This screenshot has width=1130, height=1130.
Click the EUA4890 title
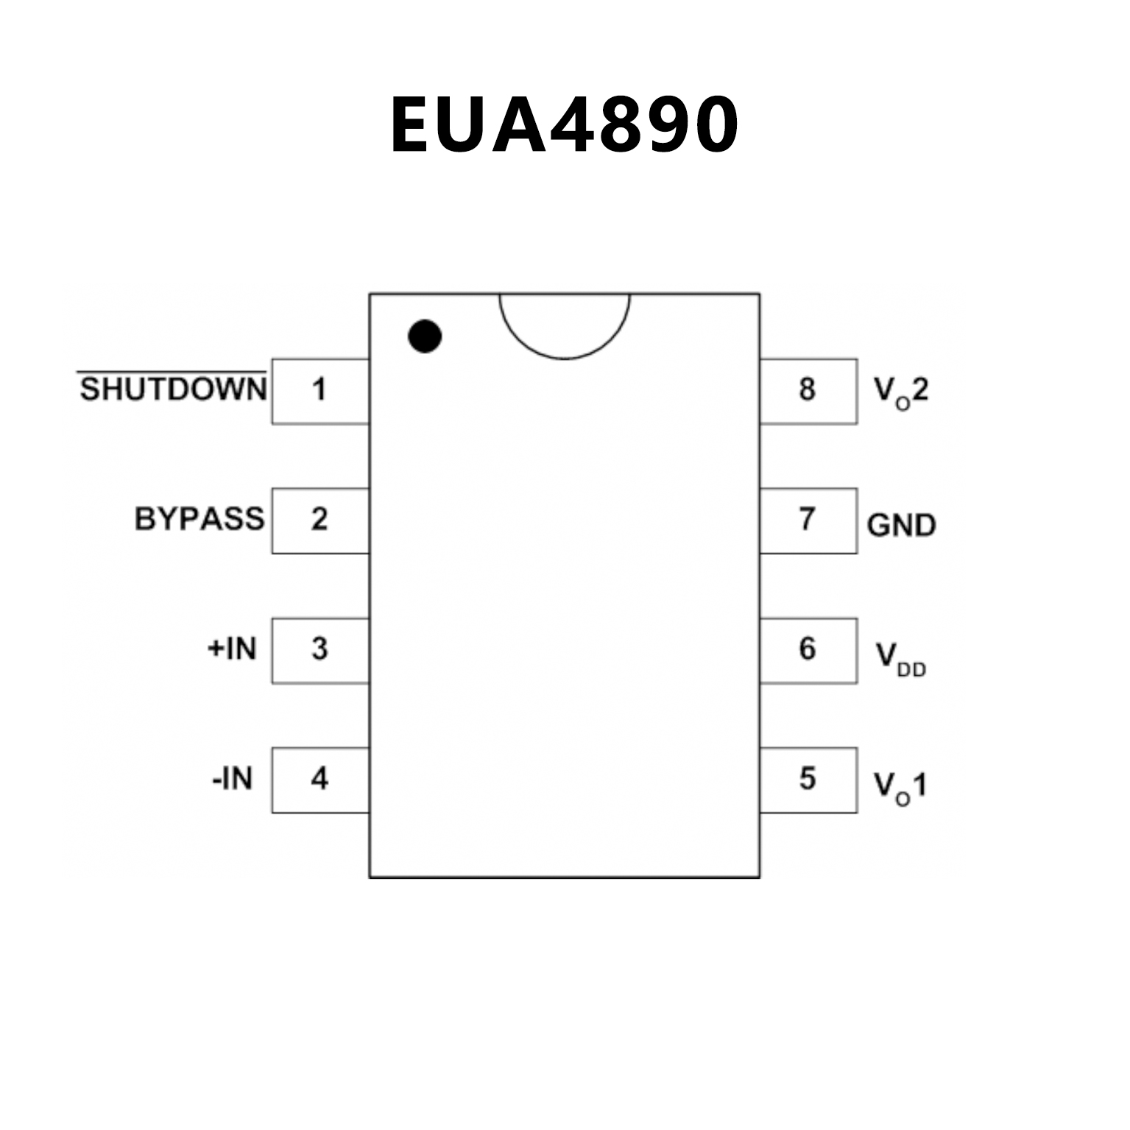coord(564,125)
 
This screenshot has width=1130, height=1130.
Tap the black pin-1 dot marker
coord(425,336)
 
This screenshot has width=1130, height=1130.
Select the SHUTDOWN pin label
coord(173,389)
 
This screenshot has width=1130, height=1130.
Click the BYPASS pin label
coord(199,519)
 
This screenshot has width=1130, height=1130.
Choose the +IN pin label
coord(232,649)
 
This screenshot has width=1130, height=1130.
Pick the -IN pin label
coord(232,778)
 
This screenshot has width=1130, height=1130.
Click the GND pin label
coord(901,525)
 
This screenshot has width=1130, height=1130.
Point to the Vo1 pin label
coord(900,786)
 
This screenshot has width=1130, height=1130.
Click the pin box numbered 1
coord(320,391)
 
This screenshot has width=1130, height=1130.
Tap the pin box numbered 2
coord(320,520)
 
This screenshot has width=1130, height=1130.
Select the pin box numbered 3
coord(320,650)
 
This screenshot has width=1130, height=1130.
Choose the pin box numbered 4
coord(320,780)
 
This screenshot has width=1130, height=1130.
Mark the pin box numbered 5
coord(808,780)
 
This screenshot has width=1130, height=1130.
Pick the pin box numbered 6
coord(808,650)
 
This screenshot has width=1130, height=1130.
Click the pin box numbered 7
coord(808,520)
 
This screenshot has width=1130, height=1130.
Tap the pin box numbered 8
coord(808,391)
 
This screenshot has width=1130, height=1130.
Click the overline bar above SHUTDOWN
coord(172,372)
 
